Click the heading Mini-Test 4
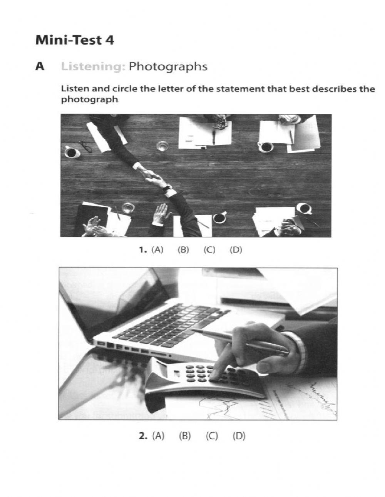pos(74,40)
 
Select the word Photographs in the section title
pos(168,67)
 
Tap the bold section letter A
pos(39,67)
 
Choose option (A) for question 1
pos(157,250)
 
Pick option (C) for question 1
pos(209,250)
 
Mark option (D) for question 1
pos(236,250)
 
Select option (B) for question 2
pos(185,436)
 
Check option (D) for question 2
pos(239,436)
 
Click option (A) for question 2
pos(158,436)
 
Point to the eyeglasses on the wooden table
pos(86,146)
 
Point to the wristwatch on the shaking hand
pos(167,189)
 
